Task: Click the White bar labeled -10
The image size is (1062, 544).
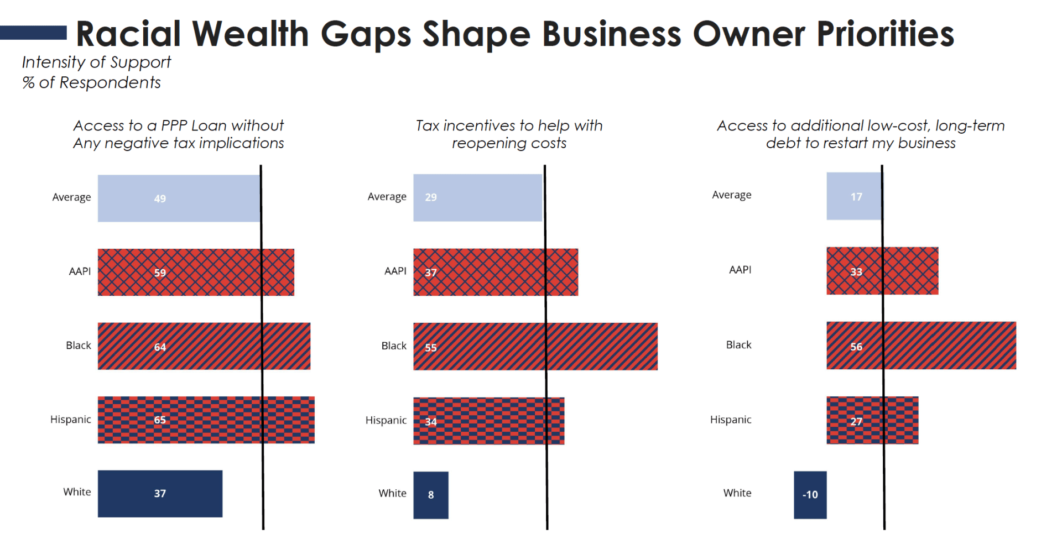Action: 810,495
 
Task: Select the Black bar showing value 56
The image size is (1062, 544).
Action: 921,346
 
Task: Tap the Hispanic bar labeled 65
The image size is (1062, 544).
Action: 206,420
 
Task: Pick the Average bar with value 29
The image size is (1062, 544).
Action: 477,197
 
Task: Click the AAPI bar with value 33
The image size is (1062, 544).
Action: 882,271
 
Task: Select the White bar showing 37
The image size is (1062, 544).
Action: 160,494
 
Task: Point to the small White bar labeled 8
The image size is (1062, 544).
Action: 430,495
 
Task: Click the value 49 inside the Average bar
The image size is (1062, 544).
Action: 160,198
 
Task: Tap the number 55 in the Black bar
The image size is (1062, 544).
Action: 431,348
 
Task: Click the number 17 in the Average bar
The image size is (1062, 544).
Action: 856,197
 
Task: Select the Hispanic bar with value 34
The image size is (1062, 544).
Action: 488,421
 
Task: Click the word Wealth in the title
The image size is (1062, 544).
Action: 251,34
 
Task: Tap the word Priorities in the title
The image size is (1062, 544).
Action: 885,34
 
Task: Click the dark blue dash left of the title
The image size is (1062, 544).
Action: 33,33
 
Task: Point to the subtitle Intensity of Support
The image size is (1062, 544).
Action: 96,62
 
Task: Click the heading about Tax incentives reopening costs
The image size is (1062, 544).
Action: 509,134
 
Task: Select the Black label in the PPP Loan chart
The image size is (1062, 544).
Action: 78,346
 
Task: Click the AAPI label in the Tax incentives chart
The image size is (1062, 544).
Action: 395,271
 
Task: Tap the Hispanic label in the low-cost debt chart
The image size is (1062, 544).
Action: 730,420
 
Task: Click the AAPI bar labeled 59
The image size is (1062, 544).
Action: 196,272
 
